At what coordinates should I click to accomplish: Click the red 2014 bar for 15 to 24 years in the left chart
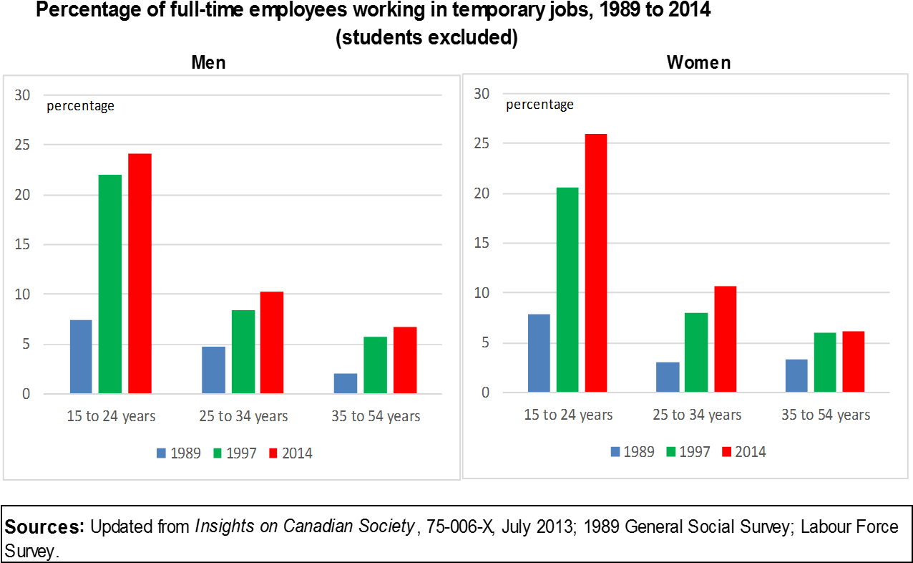click(140, 274)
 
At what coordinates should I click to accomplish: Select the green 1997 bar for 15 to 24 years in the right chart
click(567, 289)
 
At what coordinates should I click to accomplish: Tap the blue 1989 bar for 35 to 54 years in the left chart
click(345, 383)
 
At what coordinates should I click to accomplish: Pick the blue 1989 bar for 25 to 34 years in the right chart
click(668, 377)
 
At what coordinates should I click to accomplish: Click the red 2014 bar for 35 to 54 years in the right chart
click(853, 361)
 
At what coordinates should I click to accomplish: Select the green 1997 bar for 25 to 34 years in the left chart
click(243, 351)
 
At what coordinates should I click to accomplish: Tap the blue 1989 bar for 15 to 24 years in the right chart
click(539, 352)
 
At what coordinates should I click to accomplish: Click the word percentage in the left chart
click(80, 106)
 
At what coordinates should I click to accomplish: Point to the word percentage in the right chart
click(539, 105)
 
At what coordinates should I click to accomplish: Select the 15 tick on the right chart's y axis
click(482, 244)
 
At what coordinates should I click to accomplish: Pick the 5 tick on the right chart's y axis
click(485, 343)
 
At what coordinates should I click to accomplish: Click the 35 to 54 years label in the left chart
click(376, 416)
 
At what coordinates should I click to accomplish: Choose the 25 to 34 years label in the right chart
click(697, 415)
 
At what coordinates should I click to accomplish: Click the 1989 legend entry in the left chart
click(179, 453)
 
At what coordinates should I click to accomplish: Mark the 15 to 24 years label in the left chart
click(111, 416)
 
